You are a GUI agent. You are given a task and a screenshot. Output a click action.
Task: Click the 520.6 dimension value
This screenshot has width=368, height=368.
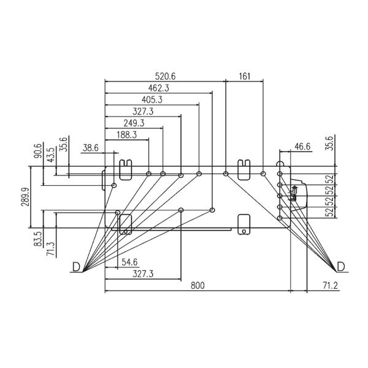pos(165,76)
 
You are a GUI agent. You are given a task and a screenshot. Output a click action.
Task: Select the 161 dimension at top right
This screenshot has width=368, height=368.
pos(245,76)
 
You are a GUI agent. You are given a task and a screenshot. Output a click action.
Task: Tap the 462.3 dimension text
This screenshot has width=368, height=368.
pos(158,88)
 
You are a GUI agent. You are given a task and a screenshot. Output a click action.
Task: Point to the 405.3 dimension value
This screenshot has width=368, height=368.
pos(152,100)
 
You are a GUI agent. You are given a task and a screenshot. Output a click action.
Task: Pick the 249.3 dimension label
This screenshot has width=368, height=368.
pos(134,123)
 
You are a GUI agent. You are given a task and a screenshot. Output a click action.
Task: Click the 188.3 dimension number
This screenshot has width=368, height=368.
pos(127,135)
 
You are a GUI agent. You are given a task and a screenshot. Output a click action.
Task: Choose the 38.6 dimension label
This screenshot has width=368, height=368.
pos(91,148)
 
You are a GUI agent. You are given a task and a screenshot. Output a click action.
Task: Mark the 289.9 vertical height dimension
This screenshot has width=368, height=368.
pos(25,197)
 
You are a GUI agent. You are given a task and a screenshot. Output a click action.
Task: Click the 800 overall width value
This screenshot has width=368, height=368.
pos(197,286)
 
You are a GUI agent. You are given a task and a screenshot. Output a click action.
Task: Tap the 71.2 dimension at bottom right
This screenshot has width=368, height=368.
pos(330,286)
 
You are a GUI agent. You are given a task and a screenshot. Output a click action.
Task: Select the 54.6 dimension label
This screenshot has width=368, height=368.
pos(129,262)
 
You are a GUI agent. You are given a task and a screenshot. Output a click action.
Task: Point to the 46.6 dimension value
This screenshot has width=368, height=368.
pos(302,147)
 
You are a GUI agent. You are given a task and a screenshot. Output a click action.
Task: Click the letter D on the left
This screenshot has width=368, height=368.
pos(76,267)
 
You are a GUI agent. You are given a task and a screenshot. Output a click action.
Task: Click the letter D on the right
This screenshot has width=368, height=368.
pos(341,267)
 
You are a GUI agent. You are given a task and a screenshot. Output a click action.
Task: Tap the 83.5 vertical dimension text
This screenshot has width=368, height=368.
pos(38,239)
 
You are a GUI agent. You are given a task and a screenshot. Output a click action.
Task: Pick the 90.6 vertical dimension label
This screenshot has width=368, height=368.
pos(38,151)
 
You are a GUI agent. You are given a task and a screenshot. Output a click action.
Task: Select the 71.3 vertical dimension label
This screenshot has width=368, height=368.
pos(51,249)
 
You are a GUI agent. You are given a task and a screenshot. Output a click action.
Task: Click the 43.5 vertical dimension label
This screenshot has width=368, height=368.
pos(51,155)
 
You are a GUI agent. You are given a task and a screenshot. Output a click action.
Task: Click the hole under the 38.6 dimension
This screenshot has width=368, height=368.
pos(114,185)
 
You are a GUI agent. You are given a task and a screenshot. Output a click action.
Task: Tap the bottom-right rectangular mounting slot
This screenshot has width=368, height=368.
pos(244,224)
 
